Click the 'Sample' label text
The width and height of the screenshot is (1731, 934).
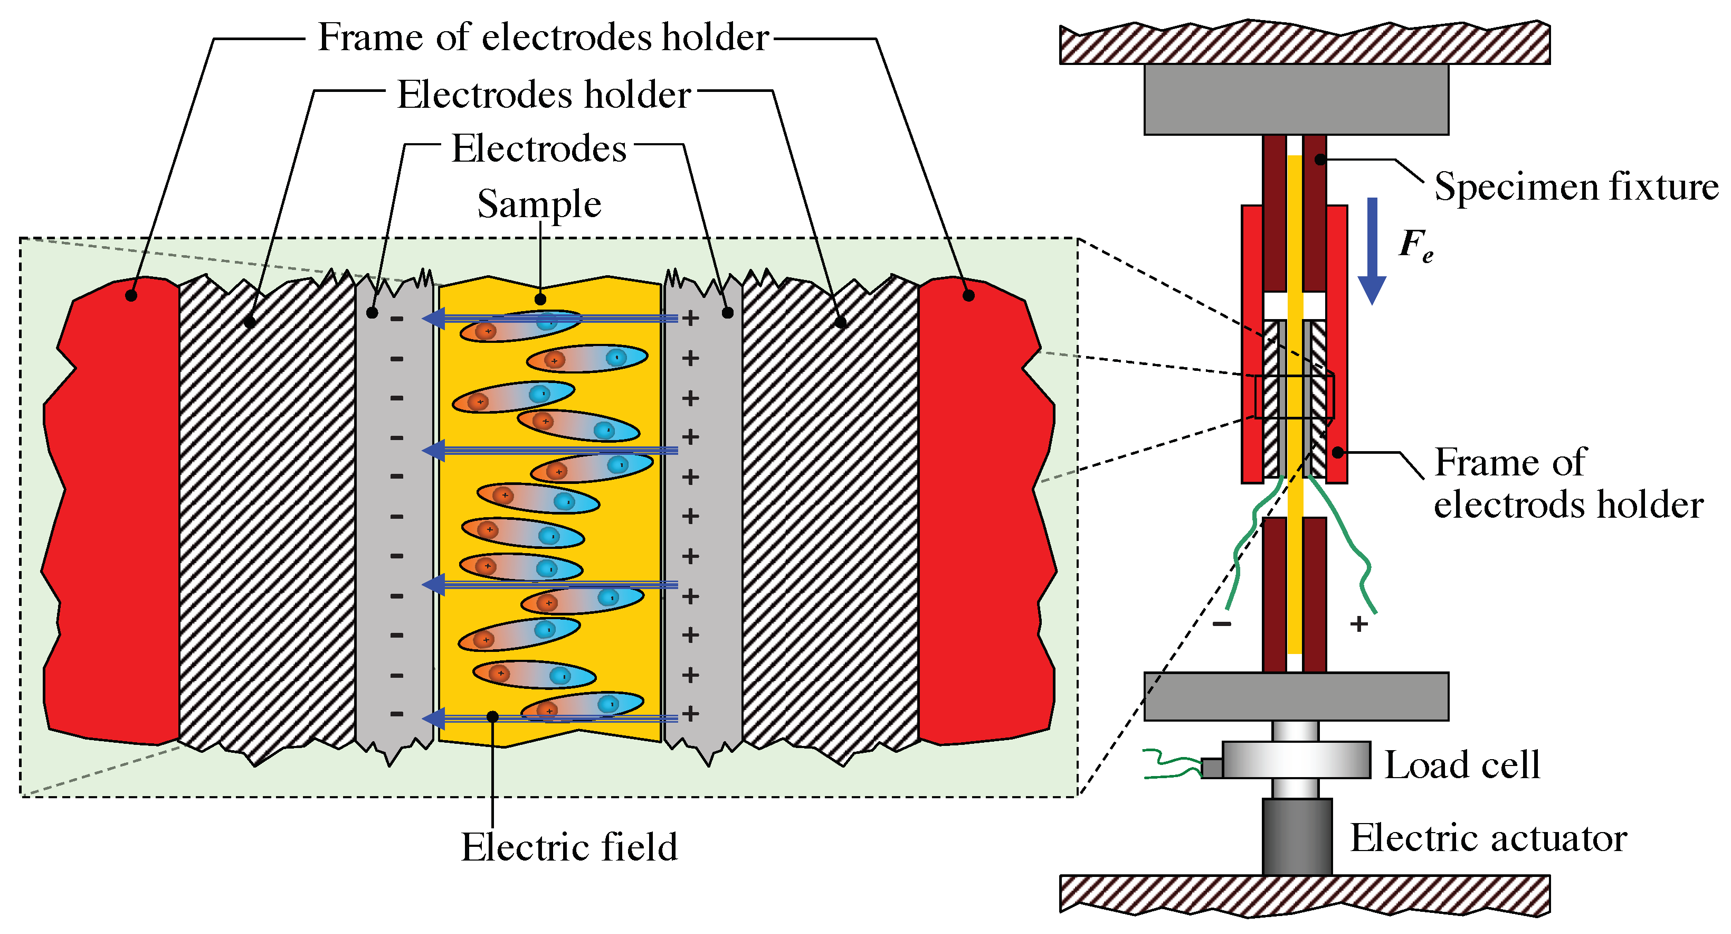click(x=539, y=204)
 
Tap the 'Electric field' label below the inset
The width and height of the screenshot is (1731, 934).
click(x=569, y=847)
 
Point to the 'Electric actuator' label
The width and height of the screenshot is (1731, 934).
click(x=1488, y=838)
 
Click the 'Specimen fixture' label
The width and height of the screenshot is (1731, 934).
click(x=1576, y=186)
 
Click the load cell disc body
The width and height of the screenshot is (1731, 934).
click(x=1296, y=760)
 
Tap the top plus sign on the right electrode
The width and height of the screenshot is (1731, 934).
click(x=690, y=318)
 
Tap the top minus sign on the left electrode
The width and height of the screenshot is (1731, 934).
click(x=396, y=319)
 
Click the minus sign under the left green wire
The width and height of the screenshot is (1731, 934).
click(x=1222, y=624)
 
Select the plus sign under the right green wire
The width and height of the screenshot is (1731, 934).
click(x=1359, y=624)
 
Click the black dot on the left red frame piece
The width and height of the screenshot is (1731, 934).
click(x=131, y=295)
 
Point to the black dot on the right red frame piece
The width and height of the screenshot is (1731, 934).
click(x=968, y=295)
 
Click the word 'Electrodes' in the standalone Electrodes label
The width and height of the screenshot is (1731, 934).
click(x=539, y=148)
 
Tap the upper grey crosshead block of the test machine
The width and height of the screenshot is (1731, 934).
click(x=1296, y=99)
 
